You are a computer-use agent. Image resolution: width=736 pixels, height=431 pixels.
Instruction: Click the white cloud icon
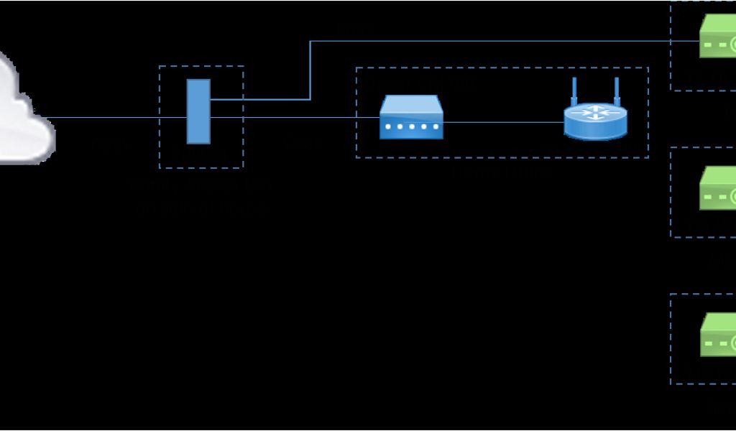click(x=22, y=115)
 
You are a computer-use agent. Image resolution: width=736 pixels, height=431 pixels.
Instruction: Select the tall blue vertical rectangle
click(x=198, y=111)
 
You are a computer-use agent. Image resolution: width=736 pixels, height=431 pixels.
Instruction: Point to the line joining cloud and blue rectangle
click(x=108, y=118)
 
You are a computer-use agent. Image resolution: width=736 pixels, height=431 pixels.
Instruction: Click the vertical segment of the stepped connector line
click(x=310, y=70)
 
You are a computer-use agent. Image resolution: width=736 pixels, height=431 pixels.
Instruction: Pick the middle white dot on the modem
click(x=411, y=127)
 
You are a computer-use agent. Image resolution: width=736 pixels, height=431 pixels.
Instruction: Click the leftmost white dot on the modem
click(x=388, y=127)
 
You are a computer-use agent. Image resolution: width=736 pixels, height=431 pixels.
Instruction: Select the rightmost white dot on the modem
click(x=434, y=127)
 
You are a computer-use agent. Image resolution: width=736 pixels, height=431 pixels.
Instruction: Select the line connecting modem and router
click(x=503, y=122)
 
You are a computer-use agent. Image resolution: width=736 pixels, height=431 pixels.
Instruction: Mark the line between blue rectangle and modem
click(x=295, y=117)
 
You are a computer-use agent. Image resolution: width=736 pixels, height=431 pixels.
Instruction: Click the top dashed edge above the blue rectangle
click(x=201, y=66)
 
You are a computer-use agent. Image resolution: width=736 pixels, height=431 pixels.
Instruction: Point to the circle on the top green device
click(x=733, y=45)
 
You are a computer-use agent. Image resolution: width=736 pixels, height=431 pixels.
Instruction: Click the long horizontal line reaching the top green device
click(x=503, y=41)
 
